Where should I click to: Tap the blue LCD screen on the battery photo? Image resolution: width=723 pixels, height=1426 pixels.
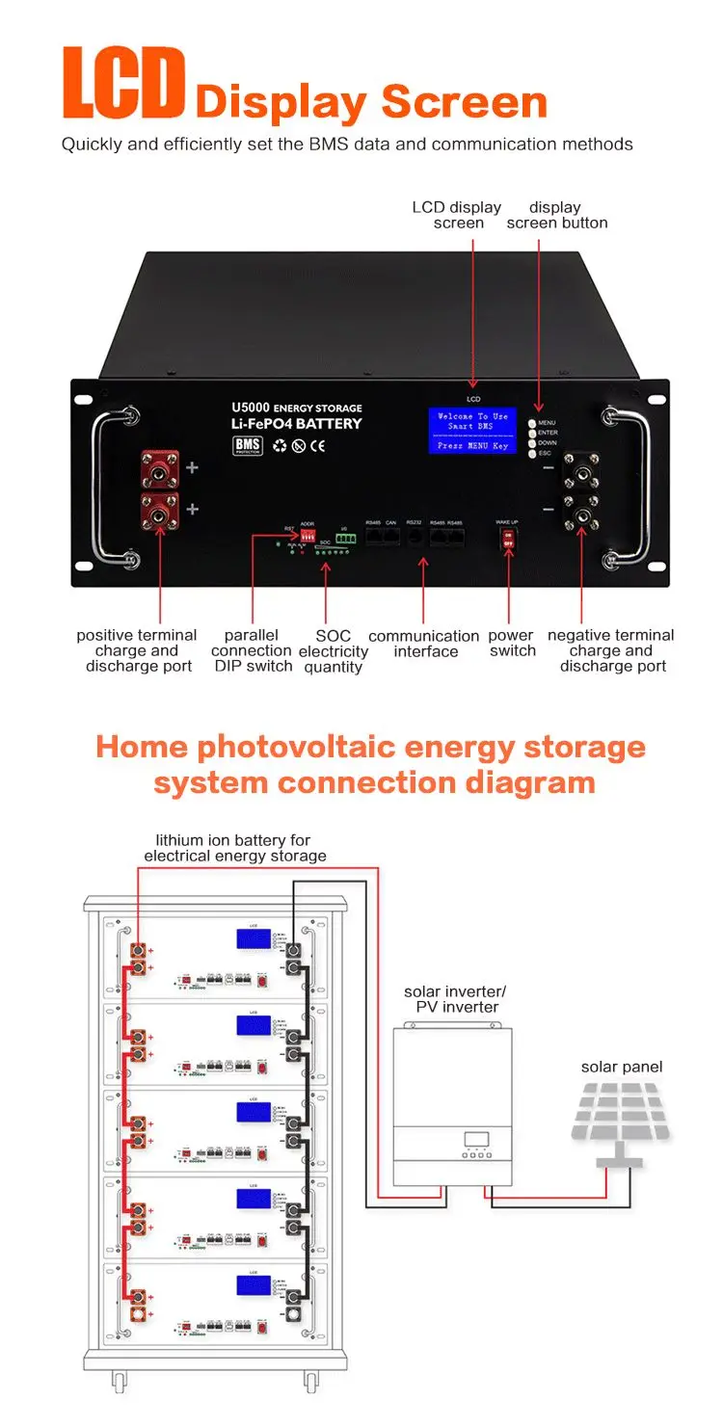(472, 430)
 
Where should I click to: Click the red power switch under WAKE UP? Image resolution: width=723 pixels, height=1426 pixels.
(507, 542)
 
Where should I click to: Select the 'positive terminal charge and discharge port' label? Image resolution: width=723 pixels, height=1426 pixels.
(137, 650)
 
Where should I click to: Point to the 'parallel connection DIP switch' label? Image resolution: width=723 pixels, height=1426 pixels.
(252, 650)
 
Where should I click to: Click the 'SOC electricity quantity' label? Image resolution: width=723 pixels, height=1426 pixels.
(333, 651)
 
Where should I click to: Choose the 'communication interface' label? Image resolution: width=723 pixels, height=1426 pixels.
(424, 644)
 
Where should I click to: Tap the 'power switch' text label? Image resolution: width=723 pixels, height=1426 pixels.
(511, 643)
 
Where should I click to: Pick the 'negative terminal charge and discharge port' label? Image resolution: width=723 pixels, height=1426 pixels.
(611, 650)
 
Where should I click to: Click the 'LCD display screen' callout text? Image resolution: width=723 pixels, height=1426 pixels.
(457, 215)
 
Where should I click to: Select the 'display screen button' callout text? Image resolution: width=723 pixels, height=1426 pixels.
(556, 215)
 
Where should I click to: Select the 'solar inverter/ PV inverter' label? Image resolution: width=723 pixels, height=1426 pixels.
(455, 999)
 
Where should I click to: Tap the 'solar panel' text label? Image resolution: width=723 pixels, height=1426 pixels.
(622, 1067)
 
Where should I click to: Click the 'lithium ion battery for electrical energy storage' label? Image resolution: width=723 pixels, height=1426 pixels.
(234, 848)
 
